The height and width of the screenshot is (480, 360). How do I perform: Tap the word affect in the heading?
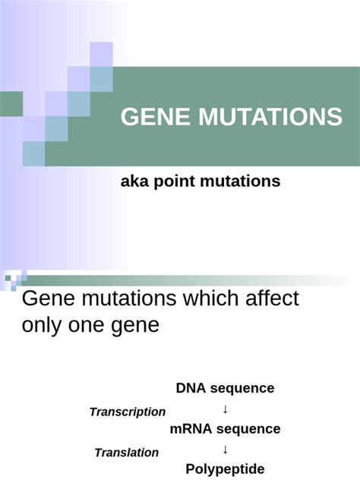tap(272, 298)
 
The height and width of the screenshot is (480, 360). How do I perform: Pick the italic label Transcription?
tap(128, 412)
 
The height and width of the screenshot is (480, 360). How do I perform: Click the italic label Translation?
tap(127, 453)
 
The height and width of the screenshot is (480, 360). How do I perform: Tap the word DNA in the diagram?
tap(190, 388)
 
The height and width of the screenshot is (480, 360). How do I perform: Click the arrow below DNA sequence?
tap(226, 409)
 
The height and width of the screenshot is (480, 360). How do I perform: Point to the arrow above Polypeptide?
tap(226, 449)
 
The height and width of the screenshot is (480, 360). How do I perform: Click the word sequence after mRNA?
tap(248, 429)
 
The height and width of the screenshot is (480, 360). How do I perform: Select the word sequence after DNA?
tap(241, 388)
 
